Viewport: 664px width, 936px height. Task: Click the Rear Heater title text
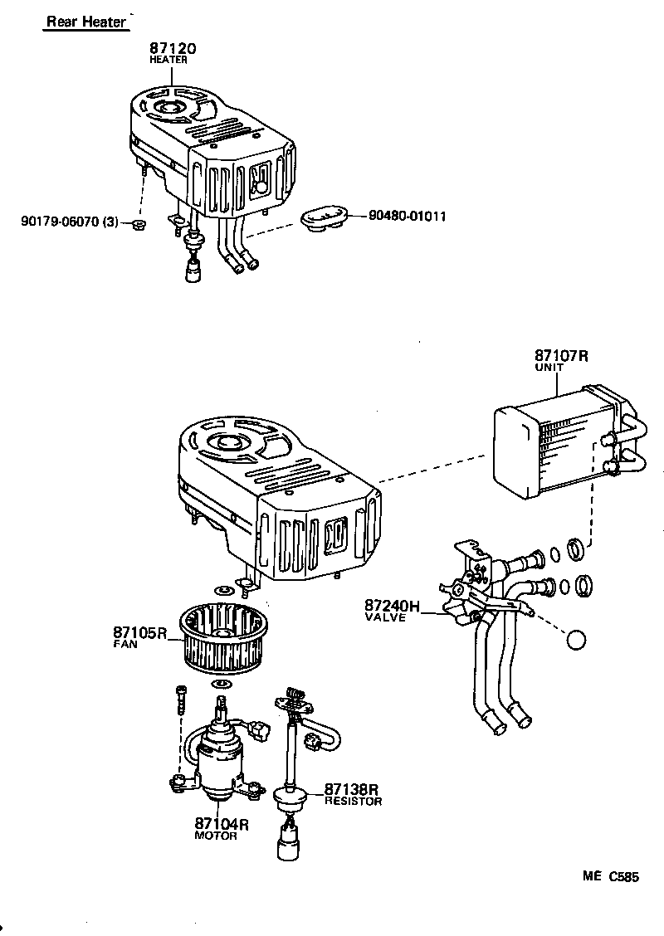(x=85, y=22)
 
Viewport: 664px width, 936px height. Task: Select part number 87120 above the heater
(x=173, y=49)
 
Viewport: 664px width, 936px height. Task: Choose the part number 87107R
(x=561, y=356)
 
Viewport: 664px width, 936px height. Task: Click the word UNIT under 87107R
(x=549, y=368)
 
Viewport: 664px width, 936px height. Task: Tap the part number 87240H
(x=391, y=607)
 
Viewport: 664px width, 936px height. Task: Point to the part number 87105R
(x=140, y=633)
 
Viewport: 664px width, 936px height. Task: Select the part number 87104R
(x=222, y=824)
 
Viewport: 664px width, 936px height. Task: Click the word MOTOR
(x=216, y=836)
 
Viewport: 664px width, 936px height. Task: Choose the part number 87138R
(x=351, y=789)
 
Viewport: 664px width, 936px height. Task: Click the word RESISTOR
(x=353, y=802)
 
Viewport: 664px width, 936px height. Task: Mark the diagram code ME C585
(x=611, y=876)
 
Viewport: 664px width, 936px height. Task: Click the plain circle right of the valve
(x=574, y=641)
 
